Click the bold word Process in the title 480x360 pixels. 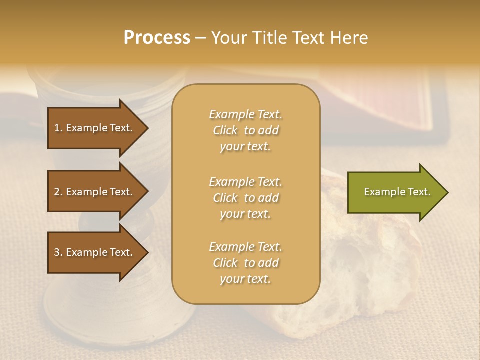pyautogui.click(x=157, y=38)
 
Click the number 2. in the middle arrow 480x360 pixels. pyautogui.click(x=58, y=192)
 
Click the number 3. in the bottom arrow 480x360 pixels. pyautogui.click(x=58, y=252)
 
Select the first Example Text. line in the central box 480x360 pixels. pyautogui.click(x=245, y=114)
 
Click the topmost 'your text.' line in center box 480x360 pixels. pyautogui.click(x=245, y=146)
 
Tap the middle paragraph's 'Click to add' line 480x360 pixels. pyautogui.click(x=245, y=198)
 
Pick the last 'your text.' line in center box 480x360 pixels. pyautogui.click(x=245, y=279)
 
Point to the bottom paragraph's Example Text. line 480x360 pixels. pyautogui.click(x=245, y=247)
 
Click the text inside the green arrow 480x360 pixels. pyautogui.click(x=397, y=192)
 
